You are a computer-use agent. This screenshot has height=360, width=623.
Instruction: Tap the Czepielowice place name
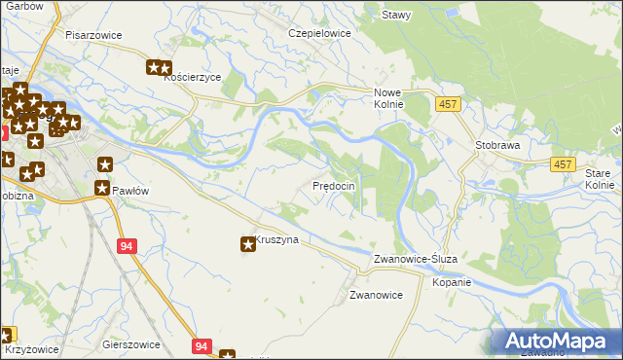coord(318,32)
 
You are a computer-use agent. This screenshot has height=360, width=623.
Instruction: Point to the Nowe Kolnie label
coord(388,98)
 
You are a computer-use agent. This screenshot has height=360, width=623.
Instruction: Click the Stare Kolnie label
coord(600,178)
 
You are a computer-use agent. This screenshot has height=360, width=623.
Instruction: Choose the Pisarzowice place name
coord(93,34)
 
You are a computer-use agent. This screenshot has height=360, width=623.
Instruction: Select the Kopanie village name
coord(452,282)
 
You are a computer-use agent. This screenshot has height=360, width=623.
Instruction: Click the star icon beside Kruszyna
coord(248,244)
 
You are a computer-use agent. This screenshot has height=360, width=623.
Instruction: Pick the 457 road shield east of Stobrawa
coord(562,165)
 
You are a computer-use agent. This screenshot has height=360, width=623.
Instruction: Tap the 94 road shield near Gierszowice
coord(201,345)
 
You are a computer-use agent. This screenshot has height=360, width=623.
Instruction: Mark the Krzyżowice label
coord(31,349)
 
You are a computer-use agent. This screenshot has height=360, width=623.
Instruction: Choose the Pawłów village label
coord(129,191)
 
